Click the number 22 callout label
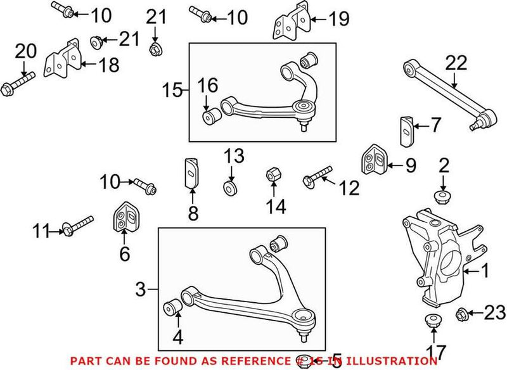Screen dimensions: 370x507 coord(456,63)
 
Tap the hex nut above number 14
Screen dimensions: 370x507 coord(272,173)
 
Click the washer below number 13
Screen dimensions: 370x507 coord(231,188)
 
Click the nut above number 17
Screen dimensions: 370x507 coord(433,319)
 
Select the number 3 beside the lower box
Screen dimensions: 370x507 coord(142,291)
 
